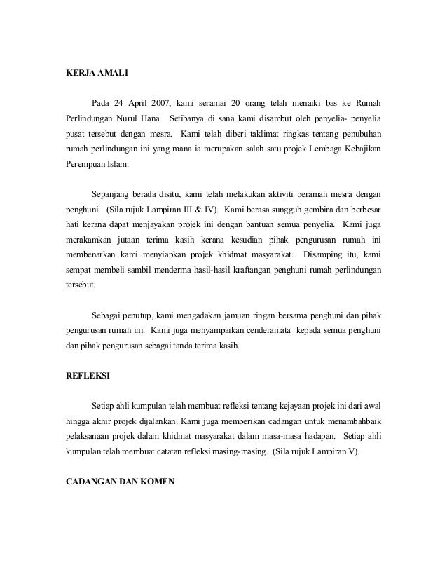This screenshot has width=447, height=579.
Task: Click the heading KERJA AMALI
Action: [x=92, y=72]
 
